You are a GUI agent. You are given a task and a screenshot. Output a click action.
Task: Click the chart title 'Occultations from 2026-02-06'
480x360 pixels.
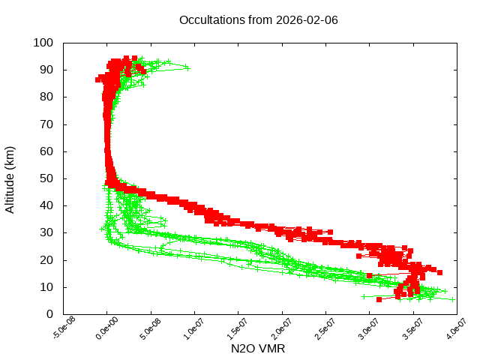259,19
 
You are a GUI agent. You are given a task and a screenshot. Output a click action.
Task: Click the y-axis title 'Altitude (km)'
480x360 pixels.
10,178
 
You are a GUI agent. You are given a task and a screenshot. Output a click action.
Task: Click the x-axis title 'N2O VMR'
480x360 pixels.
258,349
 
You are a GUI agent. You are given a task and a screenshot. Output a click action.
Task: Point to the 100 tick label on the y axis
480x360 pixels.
43,43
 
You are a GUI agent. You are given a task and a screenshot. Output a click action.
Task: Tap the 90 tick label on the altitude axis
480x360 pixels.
46,70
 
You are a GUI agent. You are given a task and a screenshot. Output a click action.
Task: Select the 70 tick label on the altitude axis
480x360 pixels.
46,124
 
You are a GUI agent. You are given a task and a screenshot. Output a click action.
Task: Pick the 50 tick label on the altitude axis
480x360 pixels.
46,178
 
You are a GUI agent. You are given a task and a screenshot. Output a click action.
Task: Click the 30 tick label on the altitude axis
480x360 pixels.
46,232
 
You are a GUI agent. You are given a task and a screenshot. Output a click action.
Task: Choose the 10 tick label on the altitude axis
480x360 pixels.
46,286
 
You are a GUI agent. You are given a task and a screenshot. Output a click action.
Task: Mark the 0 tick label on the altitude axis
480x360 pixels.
49,313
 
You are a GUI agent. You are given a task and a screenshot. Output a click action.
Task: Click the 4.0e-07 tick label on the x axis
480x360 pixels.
454,328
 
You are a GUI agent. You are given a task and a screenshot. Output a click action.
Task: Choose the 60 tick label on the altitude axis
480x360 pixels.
46,151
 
